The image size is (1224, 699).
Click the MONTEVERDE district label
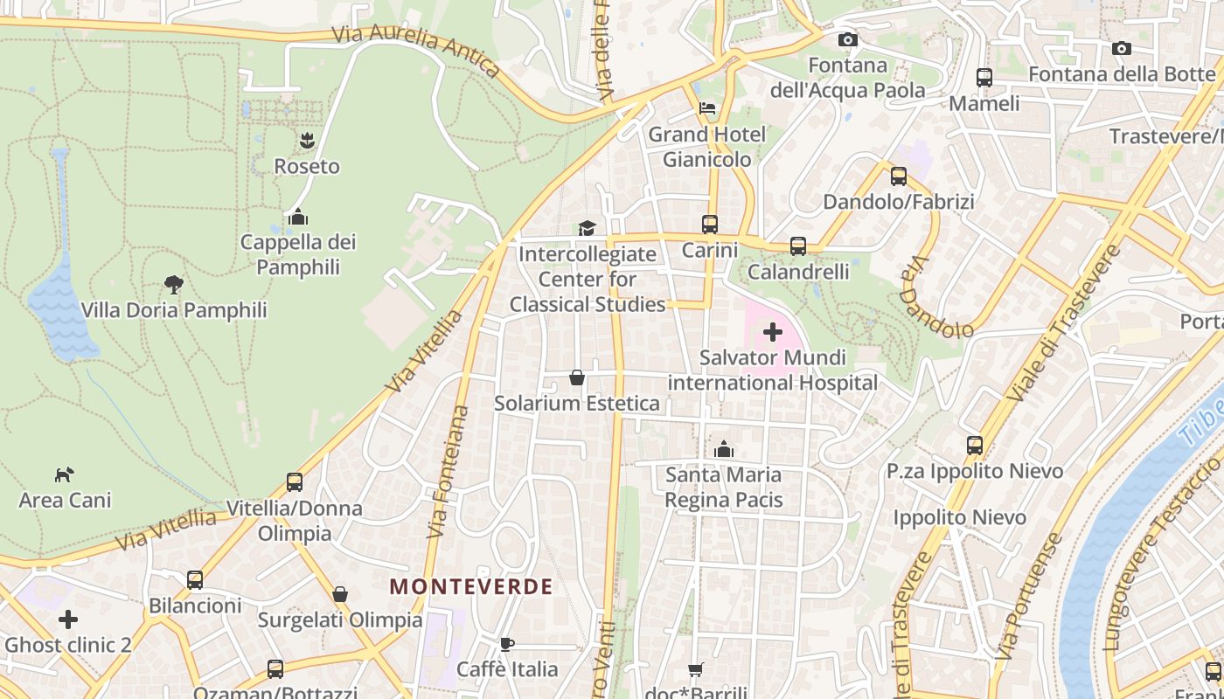[x=471, y=586]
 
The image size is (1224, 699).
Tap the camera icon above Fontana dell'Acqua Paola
[x=847, y=39]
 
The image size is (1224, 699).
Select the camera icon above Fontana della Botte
[x=1122, y=48]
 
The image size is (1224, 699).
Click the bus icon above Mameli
[x=984, y=77]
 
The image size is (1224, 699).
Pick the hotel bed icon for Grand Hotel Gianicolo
[x=707, y=108]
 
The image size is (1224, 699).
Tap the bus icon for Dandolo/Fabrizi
[x=899, y=176]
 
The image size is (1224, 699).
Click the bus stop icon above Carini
[x=710, y=225]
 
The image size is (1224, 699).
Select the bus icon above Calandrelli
[x=798, y=246]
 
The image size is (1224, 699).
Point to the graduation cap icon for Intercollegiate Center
[x=587, y=228]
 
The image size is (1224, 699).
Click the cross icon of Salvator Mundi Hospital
[x=773, y=332]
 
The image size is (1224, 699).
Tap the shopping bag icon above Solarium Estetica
[x=577, y=377]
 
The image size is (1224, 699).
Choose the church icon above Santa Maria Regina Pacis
[x=723, y=449]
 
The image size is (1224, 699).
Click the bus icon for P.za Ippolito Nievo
[x=975, y=446]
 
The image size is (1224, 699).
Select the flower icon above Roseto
[x=307, y=140]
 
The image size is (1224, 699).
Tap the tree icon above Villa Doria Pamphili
[x=174, y=284]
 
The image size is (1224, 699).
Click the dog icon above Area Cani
[x=65, y=474]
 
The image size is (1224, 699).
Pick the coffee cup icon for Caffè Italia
[x=506, y=644]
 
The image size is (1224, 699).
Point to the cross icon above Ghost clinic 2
[x=68, y=619]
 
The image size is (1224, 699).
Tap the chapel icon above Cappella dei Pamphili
[x=298, y=216]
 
